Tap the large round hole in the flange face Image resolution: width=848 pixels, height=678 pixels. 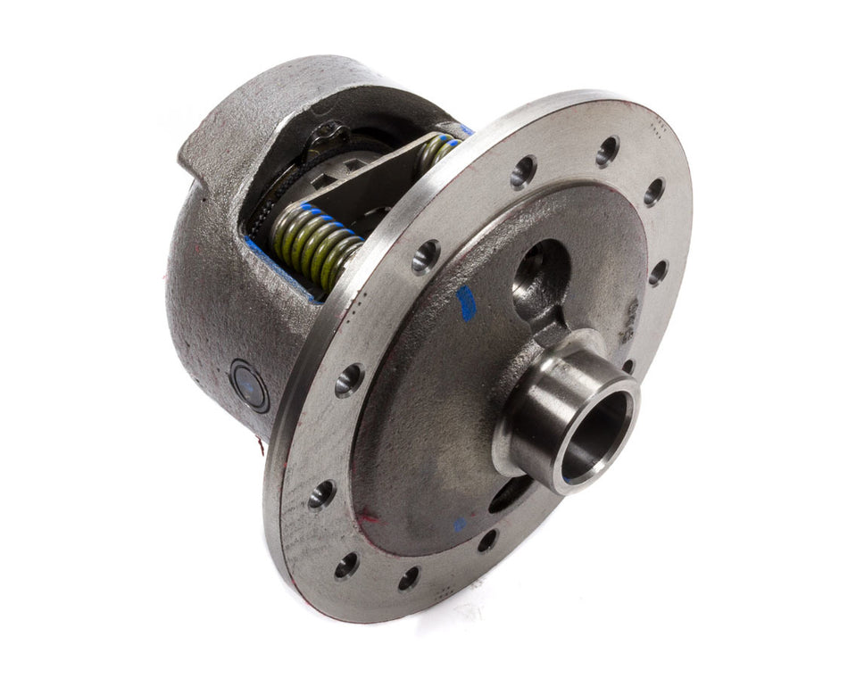point(540,270)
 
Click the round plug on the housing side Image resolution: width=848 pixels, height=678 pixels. point(249,384)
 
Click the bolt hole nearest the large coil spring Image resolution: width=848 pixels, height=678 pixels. point(425,256)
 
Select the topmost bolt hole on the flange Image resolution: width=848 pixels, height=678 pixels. point(607,151)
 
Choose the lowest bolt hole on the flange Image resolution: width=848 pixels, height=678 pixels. point(408,578)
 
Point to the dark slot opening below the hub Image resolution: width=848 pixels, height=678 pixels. point(510,495)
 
